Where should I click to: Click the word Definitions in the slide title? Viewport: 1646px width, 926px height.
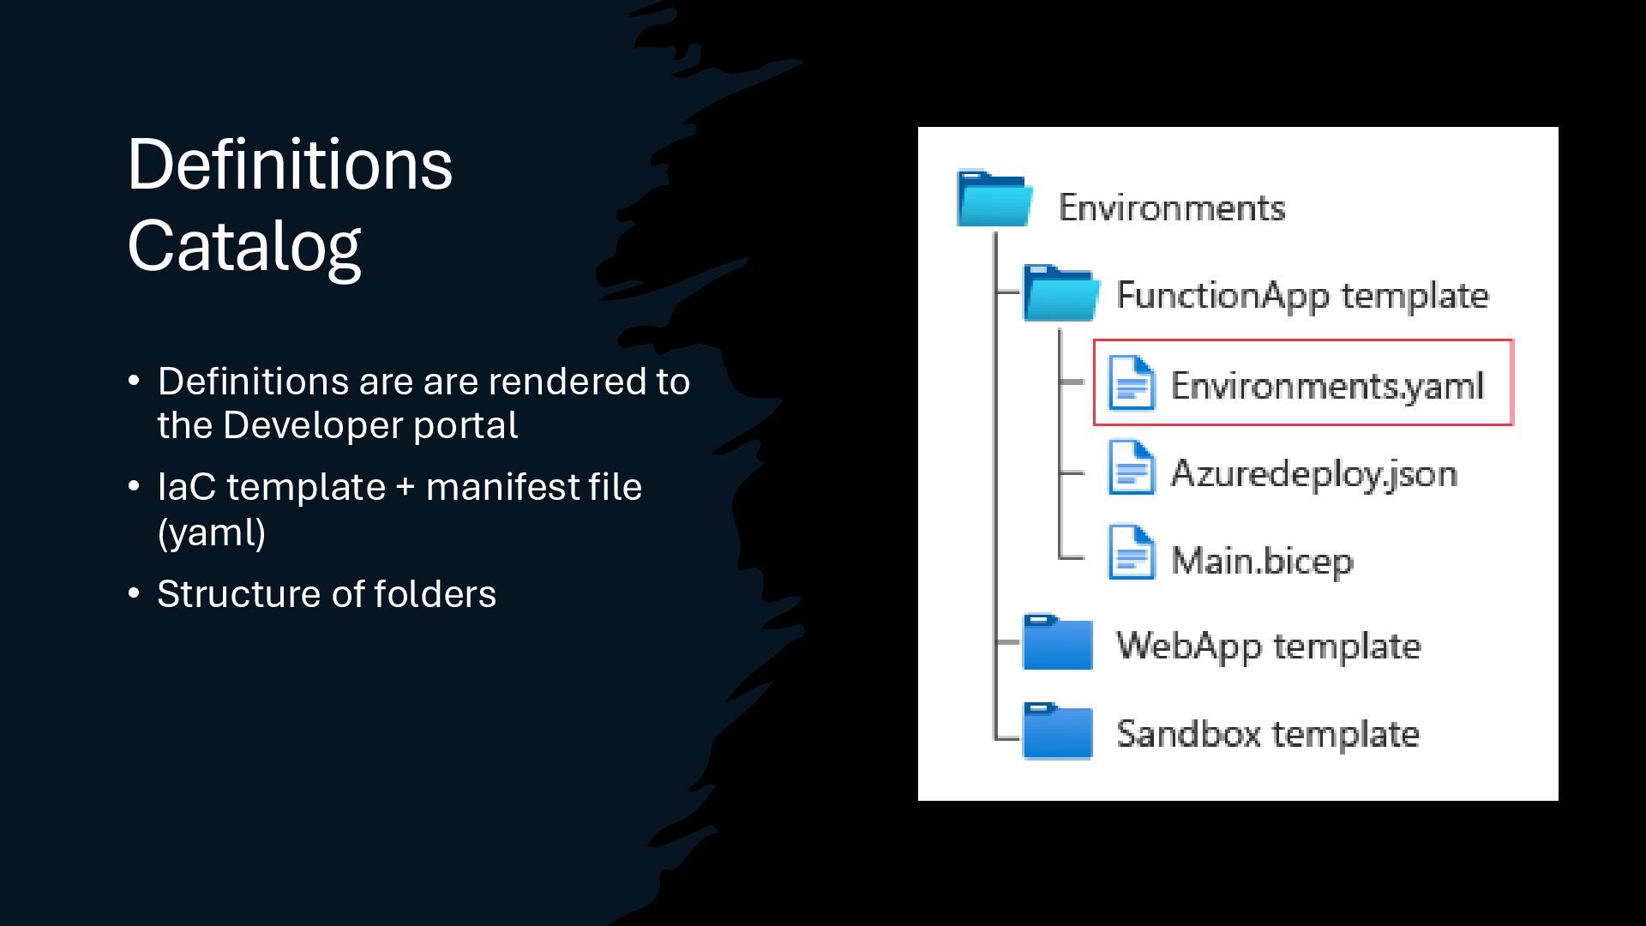[x=289, y=165]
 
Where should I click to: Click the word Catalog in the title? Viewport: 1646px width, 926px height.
[x=243, y=246]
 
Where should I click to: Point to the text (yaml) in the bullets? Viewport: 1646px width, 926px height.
[x=211, y=532]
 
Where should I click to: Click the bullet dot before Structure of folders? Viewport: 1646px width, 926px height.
[x=134, y=592]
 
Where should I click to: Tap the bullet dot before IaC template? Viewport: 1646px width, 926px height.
[x=134, y=486]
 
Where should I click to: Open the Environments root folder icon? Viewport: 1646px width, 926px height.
[x=994, y=200]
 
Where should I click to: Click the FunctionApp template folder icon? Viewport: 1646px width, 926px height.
[x=1060, y=293]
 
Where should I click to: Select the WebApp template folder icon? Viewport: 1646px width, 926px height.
[x=1058, y=642]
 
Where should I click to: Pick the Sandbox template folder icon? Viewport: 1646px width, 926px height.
[x=1058, y=731]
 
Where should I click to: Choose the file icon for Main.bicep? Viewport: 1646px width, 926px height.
[x=1131, y=553]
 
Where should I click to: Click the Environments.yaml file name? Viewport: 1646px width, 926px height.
[x=1326, y=386]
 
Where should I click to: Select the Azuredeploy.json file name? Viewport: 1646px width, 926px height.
[x=1313, y=473]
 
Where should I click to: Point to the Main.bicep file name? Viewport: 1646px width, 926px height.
[x=1261, y=561]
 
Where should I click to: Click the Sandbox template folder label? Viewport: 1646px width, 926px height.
[x=1267, y=734]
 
